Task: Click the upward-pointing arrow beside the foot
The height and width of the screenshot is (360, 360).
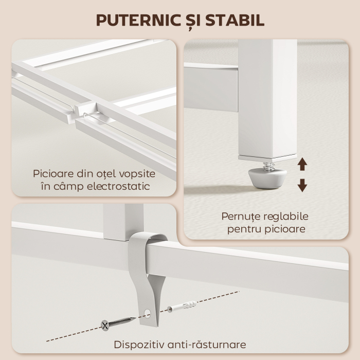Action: [x=302, y=165]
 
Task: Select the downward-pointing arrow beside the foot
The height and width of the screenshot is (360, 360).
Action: [x=302, y=185]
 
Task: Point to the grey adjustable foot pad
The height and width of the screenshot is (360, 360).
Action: [x=267, y=178]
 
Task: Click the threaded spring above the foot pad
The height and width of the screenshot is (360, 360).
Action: [x=267, y=166]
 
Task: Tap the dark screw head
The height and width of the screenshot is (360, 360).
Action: [x=105, y=325]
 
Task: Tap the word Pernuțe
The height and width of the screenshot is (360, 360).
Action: [x=240, y=217]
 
